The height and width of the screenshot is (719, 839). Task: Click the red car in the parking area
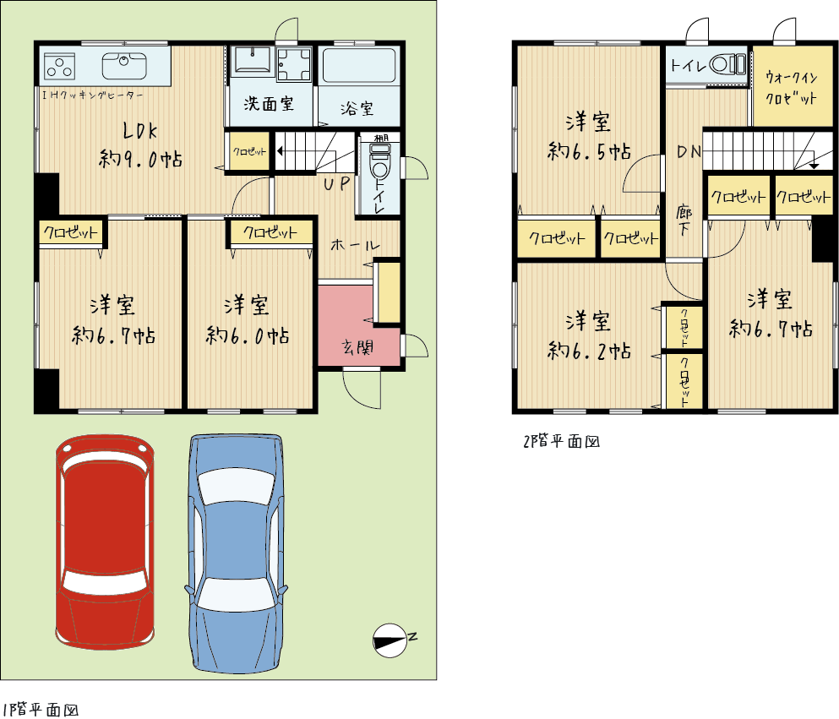click(x=105, y=542)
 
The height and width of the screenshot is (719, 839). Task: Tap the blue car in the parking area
click(x=236, y=553)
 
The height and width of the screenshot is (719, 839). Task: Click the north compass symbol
click(x=390, y=640)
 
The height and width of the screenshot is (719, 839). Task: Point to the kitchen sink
click(x=124, y=66)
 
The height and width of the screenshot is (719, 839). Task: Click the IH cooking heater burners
click(x=59, y=67)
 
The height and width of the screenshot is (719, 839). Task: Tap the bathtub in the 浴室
click(x=359, y=66)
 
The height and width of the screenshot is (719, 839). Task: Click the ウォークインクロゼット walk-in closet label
click(x=792, y=88)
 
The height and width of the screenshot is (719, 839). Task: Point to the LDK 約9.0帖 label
click(x=140, y=145)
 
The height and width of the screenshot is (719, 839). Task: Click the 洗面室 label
click(x=269, y=103)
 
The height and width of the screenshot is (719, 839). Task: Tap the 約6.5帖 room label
click(x=589, y=151)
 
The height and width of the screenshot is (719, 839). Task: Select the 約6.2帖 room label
click(x=589, y=351)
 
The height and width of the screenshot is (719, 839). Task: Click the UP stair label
click(x=336, y=184)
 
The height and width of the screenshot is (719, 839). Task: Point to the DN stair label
click(x=689, y=152)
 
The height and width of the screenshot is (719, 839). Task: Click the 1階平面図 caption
click(x=41, y=710)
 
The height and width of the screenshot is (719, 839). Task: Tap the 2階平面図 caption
click(x=561, y=441)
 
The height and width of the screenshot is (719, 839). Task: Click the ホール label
click(x=355, y=246)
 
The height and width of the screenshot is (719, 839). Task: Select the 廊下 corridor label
click(x=684, y=220)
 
